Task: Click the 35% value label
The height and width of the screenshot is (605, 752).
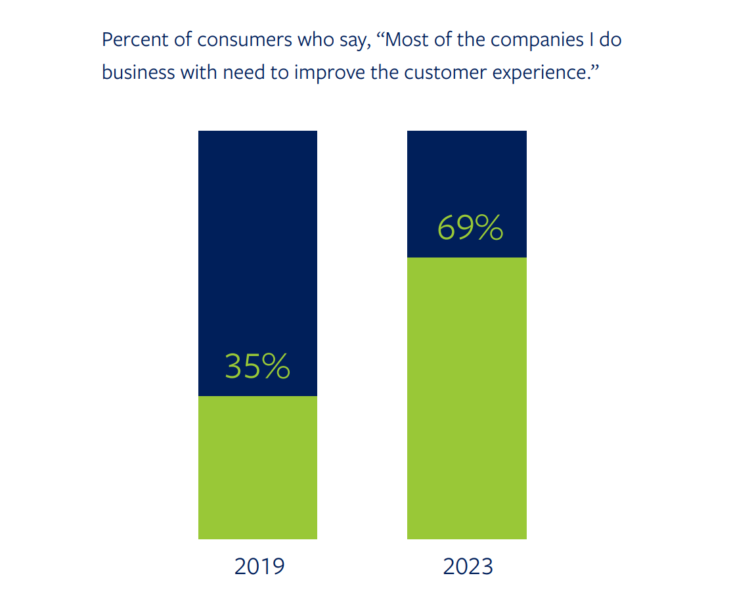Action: click(257, 367)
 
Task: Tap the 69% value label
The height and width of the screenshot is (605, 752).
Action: click(470, 227)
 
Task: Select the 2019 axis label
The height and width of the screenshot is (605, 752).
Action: click(259, 566)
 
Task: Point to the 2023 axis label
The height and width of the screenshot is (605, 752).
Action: click(468, 566)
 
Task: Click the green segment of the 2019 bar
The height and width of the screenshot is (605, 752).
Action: click(257, 467)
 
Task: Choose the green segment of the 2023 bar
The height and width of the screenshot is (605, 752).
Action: click(466, 397)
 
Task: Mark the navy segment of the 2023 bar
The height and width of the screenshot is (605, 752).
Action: click(466, 171)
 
